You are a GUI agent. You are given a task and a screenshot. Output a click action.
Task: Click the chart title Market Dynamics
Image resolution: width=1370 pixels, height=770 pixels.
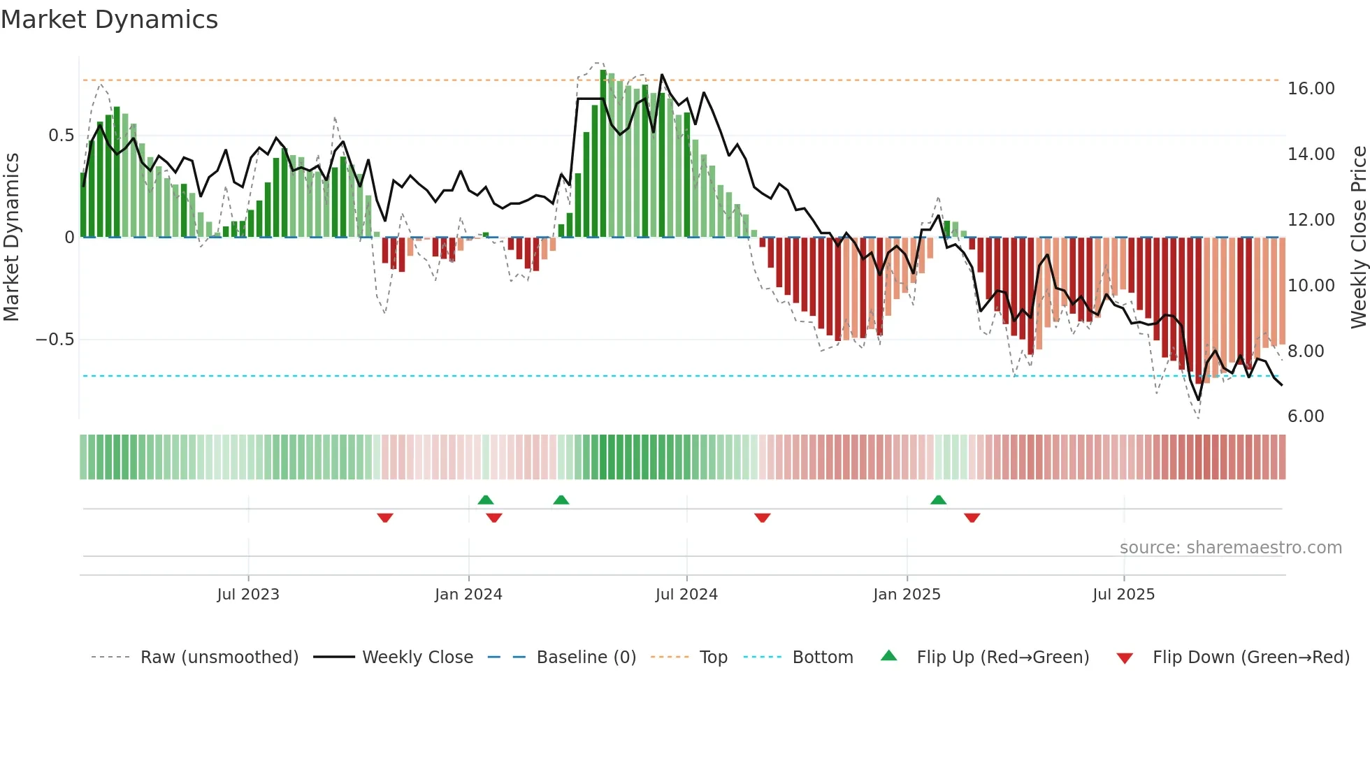click(109, 20)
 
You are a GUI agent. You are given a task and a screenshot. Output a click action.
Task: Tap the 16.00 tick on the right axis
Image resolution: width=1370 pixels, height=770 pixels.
click(1311, 89)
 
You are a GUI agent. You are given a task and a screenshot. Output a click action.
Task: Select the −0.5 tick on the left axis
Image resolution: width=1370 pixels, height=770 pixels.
click(55, 340)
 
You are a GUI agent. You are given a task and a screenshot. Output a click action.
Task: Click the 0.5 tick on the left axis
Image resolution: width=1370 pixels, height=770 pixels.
click(61, 136)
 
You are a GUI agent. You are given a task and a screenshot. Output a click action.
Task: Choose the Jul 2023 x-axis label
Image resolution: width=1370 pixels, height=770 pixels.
click(247, 595)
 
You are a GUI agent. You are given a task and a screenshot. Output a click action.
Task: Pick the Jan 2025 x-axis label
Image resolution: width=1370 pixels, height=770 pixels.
click(907, 595)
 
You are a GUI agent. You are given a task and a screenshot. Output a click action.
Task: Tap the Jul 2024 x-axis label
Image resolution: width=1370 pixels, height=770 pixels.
click(686, 595)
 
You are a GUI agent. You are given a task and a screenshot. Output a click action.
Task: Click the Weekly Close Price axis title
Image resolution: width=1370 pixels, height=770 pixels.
click(1358, 237)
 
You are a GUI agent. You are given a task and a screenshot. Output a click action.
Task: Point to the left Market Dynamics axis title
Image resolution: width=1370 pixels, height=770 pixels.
click(11, 237)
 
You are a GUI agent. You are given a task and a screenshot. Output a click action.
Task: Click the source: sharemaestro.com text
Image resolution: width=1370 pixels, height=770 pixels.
click(1230, 548)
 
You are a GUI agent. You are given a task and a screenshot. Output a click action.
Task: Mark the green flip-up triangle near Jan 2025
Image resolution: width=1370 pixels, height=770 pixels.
click(938, 500)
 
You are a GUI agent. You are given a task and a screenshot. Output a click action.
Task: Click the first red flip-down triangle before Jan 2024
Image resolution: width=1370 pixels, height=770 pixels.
click(385, 518)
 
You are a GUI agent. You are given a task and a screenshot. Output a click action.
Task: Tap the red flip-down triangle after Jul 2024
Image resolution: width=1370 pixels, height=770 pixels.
click(763, 518)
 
